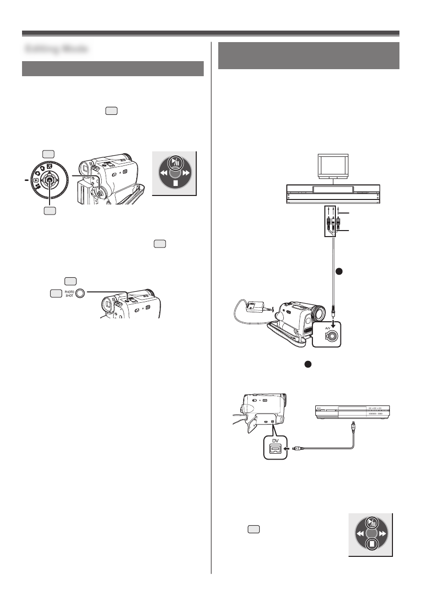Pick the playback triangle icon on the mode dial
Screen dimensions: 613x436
click(37, 178)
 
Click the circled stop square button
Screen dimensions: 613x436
click(371, 544)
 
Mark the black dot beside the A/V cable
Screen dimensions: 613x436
click(338, 271)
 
